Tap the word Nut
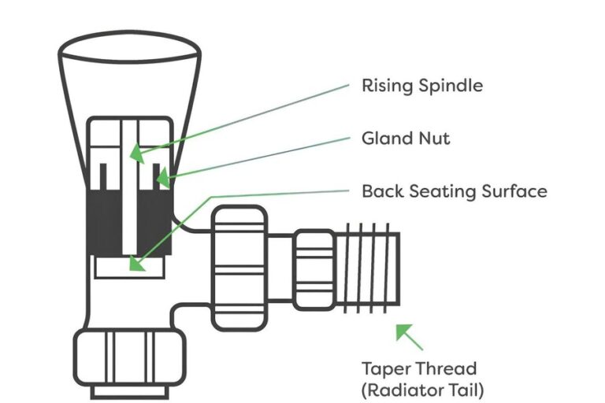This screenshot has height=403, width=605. coord(436,139)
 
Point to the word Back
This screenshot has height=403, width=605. coord(381,191)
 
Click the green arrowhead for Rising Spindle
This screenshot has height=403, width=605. coord(136,153)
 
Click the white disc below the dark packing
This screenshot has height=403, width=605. coord(129,267)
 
